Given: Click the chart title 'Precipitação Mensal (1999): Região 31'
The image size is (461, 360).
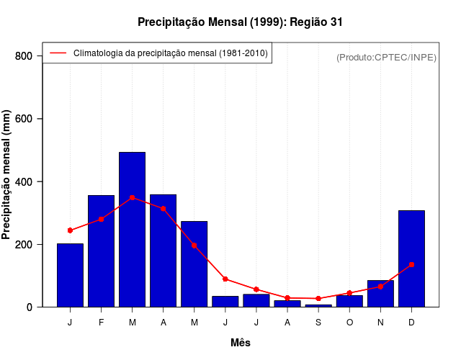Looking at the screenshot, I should (240, 22).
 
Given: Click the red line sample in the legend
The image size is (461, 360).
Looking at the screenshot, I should (58, 53).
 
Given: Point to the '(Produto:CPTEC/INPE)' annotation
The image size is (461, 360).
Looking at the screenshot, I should (386, 57).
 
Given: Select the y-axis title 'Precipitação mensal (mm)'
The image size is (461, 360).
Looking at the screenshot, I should (6, 175).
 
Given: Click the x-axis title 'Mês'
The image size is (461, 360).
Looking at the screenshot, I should (241, 343).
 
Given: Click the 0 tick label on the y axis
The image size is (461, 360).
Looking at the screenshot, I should (30, 307).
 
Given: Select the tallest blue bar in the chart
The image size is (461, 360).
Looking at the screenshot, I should (132, 230).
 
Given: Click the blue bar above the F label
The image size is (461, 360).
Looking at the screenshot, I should (101, 251).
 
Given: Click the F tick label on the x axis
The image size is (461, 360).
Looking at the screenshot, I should (101, 323).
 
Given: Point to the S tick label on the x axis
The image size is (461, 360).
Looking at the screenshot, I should (318, 323).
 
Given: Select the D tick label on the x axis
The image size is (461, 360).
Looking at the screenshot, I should (411, 323).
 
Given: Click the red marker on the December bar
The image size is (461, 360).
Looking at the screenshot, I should (411, 265).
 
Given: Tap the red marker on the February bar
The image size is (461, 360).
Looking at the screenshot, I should (101, 219).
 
